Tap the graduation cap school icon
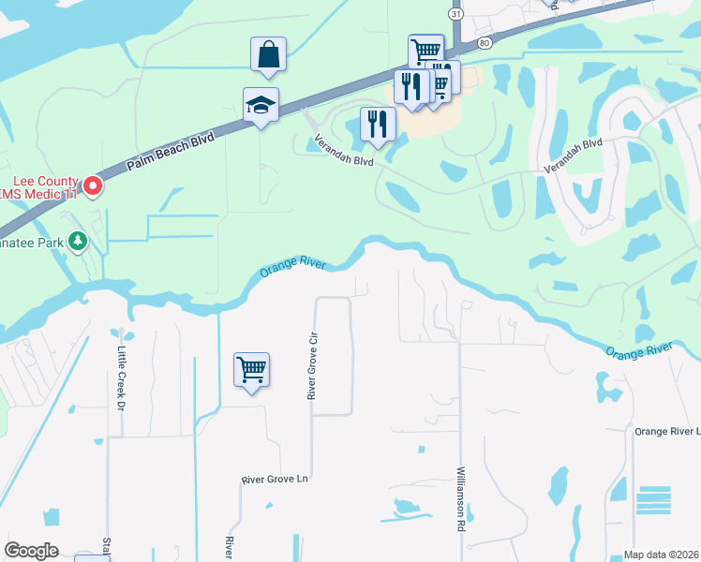(261, 106)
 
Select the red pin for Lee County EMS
(93, 187)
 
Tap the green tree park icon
(78, 242)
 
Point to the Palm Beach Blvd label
(172, 151)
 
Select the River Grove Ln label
(275, 480)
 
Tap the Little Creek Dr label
(121, 378)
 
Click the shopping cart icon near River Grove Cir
(251, 370)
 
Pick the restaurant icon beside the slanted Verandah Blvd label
(378, 125)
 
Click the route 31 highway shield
(455, 15)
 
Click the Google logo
(31, 551)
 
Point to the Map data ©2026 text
(661, 555)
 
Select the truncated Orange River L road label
(667, 431)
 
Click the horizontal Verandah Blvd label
(572, 165)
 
